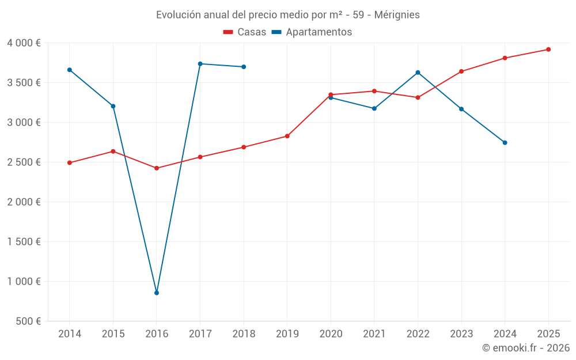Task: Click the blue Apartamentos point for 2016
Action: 157,293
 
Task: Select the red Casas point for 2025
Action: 548,50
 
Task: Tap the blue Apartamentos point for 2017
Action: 200,64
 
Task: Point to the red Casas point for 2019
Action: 287,136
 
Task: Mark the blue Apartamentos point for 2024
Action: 505,142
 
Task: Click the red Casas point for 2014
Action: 69,162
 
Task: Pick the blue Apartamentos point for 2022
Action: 418,73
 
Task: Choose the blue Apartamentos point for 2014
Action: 69,70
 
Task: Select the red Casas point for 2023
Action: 461,71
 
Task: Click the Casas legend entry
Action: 245,32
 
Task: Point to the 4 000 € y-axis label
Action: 24,43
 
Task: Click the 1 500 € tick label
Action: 24,242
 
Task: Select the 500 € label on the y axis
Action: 28,321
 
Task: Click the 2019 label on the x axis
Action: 287,334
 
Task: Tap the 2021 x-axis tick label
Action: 374,334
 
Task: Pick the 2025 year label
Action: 548,334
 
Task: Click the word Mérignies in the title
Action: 397,14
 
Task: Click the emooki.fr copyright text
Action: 526,348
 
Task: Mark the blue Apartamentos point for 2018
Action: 244,67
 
